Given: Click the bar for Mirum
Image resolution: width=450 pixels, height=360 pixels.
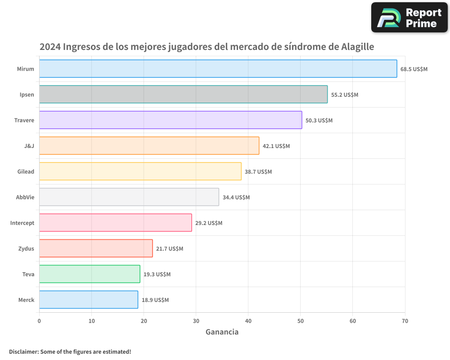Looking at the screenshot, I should (x=218, y=69).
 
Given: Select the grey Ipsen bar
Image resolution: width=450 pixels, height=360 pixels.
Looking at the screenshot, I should (x=183, y=94).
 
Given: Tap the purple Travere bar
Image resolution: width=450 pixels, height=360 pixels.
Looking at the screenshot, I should (x=171, y=120).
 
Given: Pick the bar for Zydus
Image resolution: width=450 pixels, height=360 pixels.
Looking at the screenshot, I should (x=96, y=248).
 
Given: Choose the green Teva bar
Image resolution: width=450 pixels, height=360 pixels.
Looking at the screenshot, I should (x=90, y=274).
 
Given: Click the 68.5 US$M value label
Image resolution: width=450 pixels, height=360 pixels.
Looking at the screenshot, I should (x=414, y=69).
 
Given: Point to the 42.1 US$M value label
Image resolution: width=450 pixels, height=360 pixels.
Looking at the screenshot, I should (x=276, y=146).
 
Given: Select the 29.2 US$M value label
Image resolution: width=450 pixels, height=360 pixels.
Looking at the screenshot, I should (x=209, y=223).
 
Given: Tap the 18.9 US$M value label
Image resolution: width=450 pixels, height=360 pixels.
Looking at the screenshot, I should (x=155, y=300).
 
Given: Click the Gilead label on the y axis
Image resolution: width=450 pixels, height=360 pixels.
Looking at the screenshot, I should (x=26, y=171).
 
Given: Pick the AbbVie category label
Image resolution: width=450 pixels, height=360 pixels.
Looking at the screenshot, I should (x=25, y=197).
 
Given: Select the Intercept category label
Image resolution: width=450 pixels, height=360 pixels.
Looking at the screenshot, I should (x=22, y=223).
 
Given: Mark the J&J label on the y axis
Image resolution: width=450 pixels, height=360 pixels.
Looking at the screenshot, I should (x=29, y=146).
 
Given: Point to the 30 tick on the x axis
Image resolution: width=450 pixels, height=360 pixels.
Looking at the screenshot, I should (x=196, y=321).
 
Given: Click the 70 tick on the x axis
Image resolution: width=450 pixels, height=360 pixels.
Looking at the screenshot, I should (x=405, y=321).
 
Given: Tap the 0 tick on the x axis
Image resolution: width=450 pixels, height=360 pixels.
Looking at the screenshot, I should (x=39, y=321).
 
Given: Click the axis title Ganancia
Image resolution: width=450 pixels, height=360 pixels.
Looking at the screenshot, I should (x=222, y=332).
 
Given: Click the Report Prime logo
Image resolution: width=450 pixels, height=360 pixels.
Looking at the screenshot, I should (x=409, y=18).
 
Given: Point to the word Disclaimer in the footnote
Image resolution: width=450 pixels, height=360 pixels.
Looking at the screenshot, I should (x=23, y=351).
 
